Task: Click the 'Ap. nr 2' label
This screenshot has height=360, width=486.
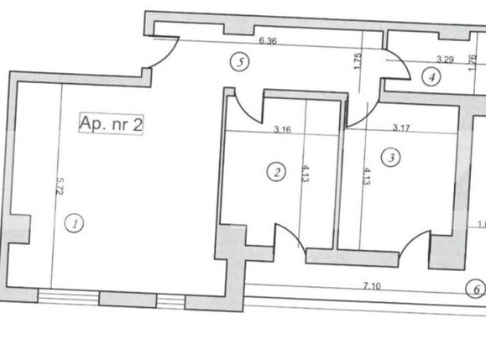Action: [x=112, y=125]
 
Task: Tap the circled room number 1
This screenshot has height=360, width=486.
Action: [x=76, y=223]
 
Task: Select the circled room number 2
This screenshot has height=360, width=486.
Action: [x=275, y=173]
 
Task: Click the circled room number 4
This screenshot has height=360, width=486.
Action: [x=431, y=77]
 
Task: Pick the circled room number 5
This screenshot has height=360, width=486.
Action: [x=241, y=61]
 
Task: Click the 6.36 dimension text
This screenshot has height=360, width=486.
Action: [x=268, y=39]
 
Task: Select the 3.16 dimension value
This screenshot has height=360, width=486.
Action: [x=282, y=130]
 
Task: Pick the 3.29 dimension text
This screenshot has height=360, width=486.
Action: [x=445, y=59]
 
